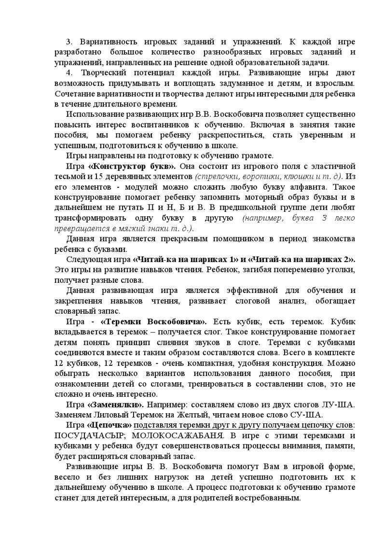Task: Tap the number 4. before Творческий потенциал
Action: (x=70, y=72)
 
